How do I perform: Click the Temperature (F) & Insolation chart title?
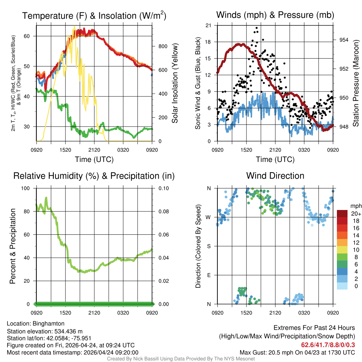point(94,16)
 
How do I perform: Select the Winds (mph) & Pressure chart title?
point(275,15)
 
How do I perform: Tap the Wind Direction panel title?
point(275,176)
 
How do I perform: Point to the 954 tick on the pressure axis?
point(344,40)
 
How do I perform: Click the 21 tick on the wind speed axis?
point(208,25)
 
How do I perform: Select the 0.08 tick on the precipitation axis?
point(163,211)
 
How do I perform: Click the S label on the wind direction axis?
point(209,246)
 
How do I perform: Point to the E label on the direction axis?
point(209,275)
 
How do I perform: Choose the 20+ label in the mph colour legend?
point(356,214)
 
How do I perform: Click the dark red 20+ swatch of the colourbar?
point(342,214)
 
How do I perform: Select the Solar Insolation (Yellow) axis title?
point(175,83)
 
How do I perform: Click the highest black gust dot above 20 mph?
point(257,28)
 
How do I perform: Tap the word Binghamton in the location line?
point(48,323)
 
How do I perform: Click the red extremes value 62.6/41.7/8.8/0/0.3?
point(328,345)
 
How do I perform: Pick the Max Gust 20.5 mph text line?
point(297,352)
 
